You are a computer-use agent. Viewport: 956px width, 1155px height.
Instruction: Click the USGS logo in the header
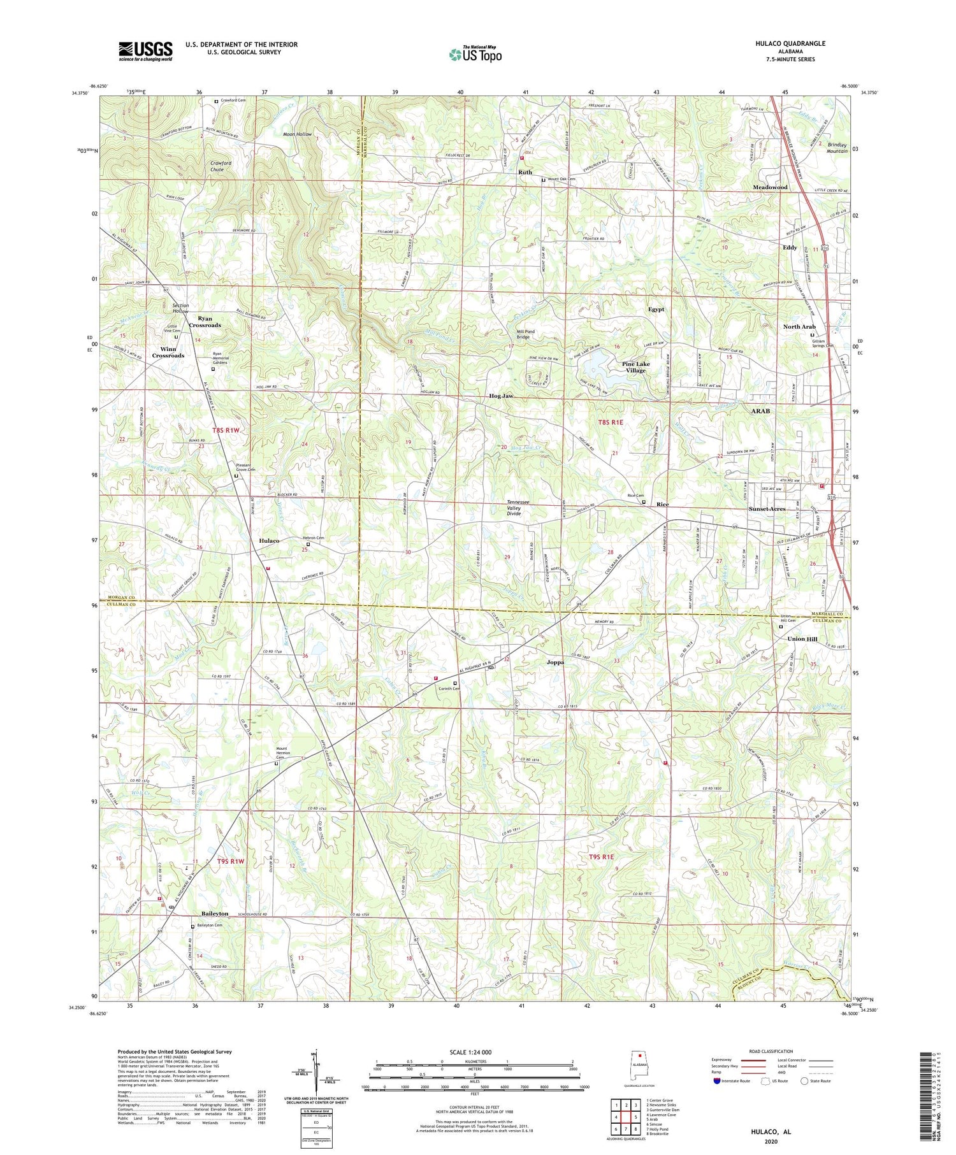pyautogui.click(x=145, y=51)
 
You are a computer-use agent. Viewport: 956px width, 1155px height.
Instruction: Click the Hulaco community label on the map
pyautogui.click(x=269, y=540)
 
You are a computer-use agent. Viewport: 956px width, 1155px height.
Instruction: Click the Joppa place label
pyautogui.click(x=555, y=662)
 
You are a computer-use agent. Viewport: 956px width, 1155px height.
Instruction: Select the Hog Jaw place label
pyautogui.click(x=501, y=396)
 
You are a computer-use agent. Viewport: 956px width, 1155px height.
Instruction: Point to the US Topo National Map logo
pyautogui.click(x=475, y=54)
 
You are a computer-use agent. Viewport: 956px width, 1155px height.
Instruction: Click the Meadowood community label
pyautogui.click(x=770, y=187)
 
